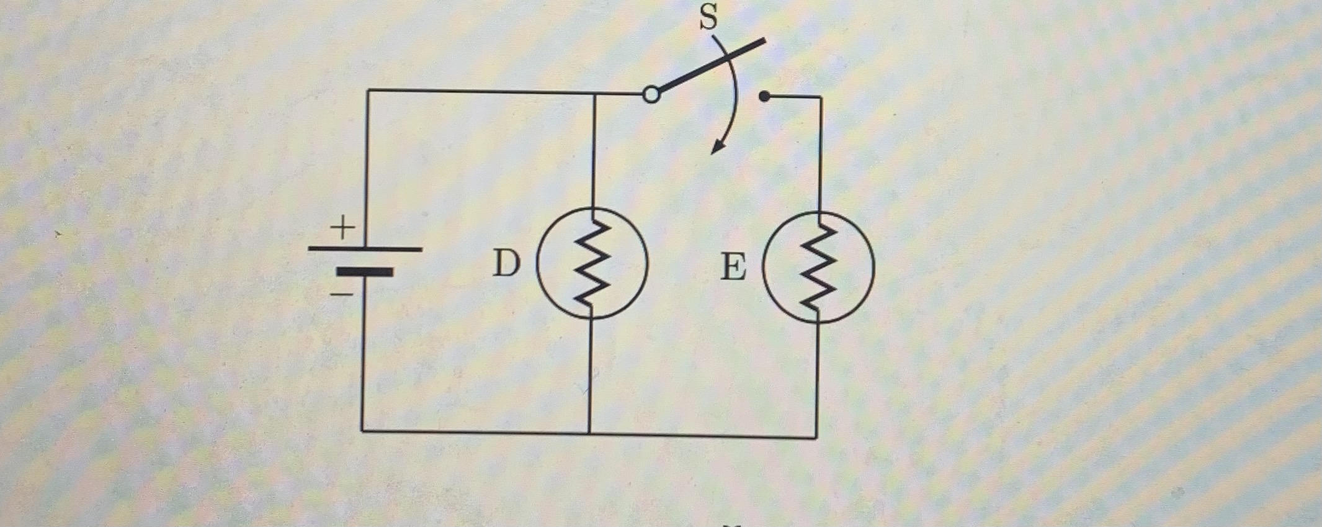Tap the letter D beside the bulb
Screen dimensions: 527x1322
click(506, 264)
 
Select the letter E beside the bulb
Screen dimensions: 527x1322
click(733, 268)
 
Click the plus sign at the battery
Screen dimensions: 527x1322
click(342, 228)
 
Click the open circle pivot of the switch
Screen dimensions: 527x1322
click(651, 95)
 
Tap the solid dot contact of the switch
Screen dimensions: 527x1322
click(764, 96)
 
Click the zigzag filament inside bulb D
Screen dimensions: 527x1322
click(592, 263)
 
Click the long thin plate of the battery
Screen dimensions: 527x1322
click(365, 249)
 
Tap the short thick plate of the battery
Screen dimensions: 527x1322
click(365, 272)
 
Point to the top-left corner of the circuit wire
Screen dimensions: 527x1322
click(368, 91)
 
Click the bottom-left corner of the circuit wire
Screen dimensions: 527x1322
click(363, 430)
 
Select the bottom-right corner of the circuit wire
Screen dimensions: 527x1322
click(816, 437)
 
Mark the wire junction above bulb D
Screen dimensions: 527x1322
click(594, 94)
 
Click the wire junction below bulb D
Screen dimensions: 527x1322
click(589, 432)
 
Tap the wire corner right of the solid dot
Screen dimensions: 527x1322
click(821, 97)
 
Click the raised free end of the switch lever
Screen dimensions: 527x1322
click(763, 41)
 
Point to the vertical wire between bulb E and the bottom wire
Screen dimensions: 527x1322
click(817, 379)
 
